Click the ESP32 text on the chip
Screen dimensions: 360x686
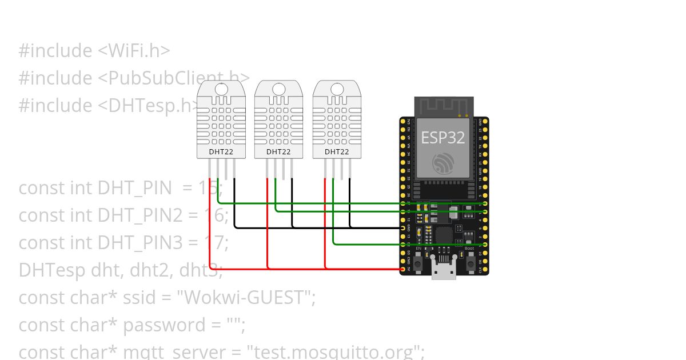pos(443,137)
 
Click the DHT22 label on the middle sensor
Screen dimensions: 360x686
pos(278,152)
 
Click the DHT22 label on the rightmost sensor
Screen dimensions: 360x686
pos(337,152)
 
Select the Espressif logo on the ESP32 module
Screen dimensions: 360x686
pos(443,163)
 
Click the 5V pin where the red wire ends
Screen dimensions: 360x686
pos(403,269)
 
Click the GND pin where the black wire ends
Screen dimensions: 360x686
pos(403,228)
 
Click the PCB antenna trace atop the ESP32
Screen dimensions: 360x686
pos(444,106)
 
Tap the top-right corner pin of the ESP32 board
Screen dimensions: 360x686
pos(485,122)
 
